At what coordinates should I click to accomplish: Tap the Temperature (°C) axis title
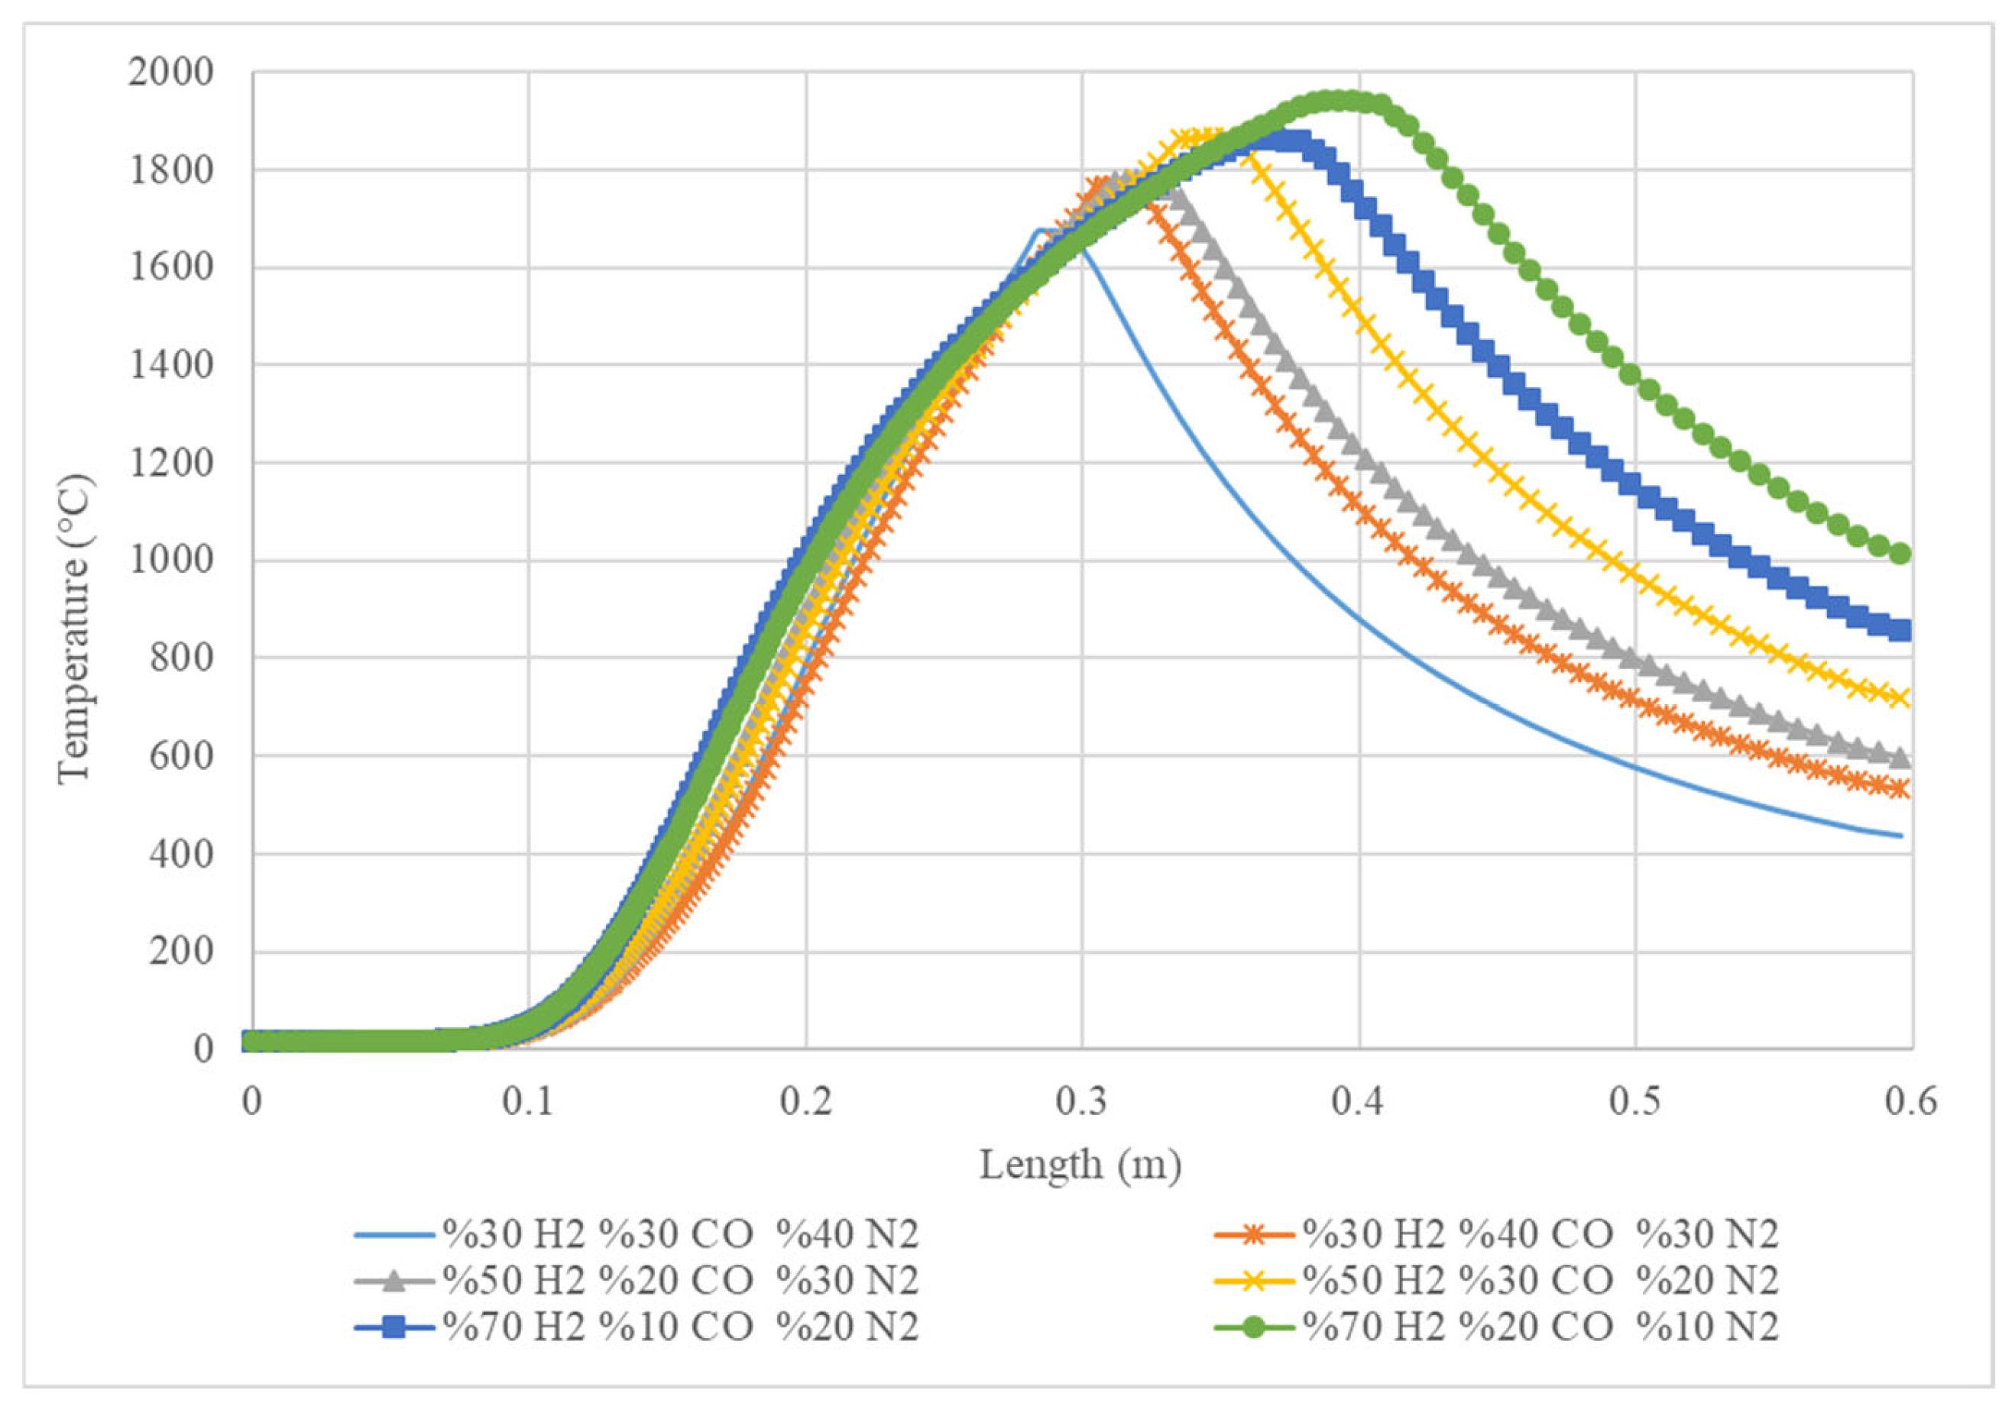point(76,629)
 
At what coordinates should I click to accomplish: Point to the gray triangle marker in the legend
point(395,1281)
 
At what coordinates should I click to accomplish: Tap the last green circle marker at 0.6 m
point(1900,554)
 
